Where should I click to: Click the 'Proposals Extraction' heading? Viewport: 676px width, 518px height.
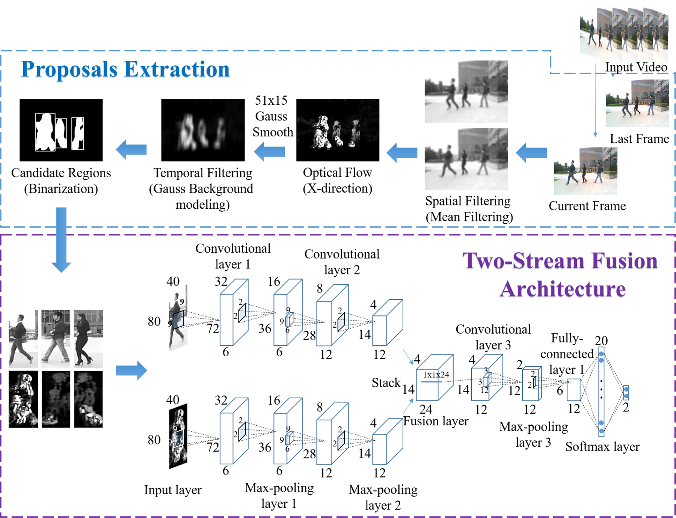coord(125,69)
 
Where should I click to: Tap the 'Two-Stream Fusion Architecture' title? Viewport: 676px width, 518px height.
coord(560,275)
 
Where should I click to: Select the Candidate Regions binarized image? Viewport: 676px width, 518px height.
coord(61,130)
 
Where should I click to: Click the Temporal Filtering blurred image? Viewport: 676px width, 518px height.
coord(203,130)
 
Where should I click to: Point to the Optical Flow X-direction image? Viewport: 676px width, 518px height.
coord(338,130)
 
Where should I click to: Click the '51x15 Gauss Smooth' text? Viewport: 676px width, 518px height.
coord(272,116)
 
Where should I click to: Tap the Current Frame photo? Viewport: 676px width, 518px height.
coord(585,171)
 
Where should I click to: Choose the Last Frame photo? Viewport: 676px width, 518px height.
coord(637,103)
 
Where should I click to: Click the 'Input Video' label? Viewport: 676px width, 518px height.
coord(636,67)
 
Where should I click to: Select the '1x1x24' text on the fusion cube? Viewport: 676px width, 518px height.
coord(436,375)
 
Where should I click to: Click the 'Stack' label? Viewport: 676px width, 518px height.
coord(386,382)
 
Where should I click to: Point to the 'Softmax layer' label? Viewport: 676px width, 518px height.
coord(602,447)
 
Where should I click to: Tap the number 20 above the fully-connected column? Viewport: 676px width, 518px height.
coord(601,340)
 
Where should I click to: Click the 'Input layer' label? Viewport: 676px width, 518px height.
coord(173,490)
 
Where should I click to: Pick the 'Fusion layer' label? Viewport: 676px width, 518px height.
coord(436,421)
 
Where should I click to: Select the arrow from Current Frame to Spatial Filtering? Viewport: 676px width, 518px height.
coord(531,152)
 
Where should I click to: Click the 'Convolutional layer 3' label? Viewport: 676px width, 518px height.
coord(493,337)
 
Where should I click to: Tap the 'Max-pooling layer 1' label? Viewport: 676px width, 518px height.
coord(279,495)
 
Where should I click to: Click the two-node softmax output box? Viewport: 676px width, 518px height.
coord(626,393)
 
